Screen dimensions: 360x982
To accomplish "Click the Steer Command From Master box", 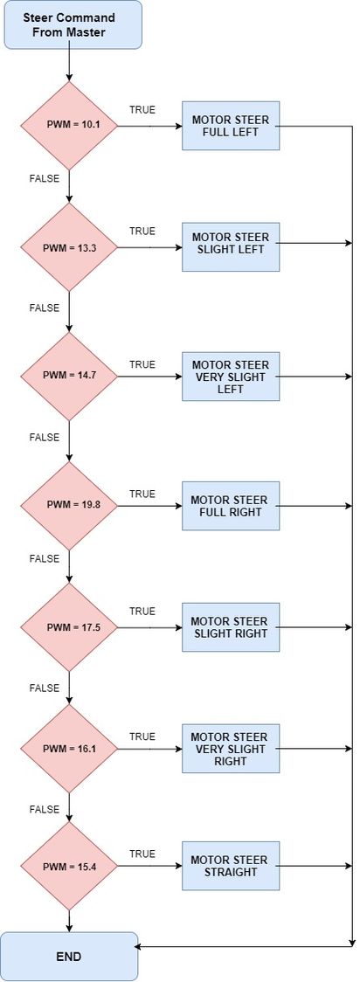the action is click(73, 24).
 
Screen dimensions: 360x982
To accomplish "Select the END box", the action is click(69, 957).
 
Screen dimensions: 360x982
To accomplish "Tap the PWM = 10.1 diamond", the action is click(69, 125).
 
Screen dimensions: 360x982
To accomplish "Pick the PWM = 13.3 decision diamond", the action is click(69, 246).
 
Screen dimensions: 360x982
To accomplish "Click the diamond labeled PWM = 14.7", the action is click(69, 377).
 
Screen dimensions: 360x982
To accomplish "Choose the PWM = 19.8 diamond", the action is click(69, 505).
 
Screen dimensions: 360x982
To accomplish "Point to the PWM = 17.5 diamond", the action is click(69, 627).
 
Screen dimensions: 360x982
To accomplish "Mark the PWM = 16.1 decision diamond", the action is click(69, 749).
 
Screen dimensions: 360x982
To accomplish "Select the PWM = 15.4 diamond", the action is click(69, 866).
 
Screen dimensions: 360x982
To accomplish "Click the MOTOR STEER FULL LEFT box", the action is click(231, 125).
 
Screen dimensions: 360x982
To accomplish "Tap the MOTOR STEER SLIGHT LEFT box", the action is click(231, 246).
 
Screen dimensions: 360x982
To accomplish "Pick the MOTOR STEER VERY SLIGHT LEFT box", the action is click(231, 377).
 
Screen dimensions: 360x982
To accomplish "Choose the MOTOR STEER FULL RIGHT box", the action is click(231, 505).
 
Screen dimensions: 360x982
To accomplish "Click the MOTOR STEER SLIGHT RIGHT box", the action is click(231, 627).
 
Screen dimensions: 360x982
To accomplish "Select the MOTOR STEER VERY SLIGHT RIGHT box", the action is click(231, 749).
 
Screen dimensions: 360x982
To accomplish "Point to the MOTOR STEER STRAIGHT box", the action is click(231, 866).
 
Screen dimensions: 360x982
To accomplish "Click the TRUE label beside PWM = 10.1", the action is click(142, 109).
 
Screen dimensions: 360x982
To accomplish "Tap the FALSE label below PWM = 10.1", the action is click(45, 178).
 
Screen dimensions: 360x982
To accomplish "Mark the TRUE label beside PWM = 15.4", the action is click(142, 854).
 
